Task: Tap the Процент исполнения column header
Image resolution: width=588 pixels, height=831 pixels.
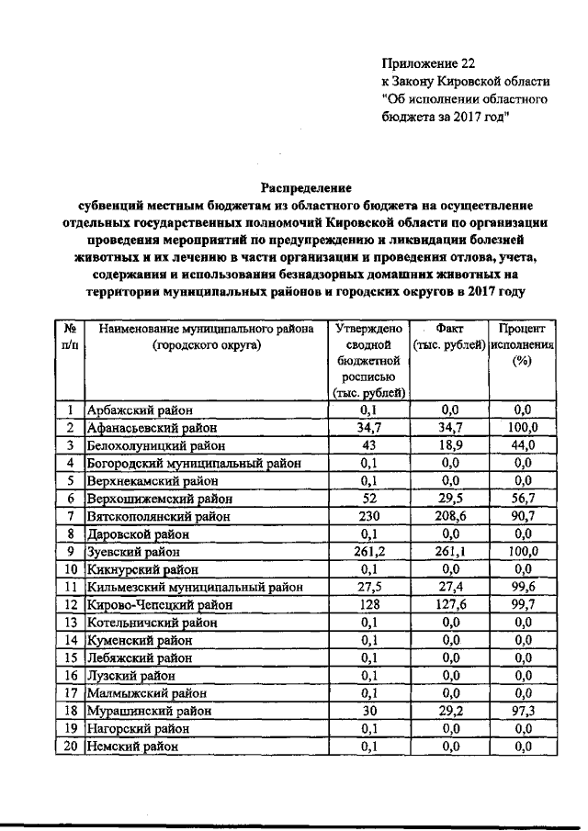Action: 523,344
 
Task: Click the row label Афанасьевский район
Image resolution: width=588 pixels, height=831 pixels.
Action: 153,428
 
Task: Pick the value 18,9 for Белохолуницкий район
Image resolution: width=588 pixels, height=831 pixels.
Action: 450,445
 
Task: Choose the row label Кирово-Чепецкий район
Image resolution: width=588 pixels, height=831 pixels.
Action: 153,605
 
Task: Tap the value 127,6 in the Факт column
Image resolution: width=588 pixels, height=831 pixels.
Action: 450,605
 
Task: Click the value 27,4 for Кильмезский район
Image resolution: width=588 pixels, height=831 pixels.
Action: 450,588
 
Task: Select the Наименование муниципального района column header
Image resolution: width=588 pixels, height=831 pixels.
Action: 207,336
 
